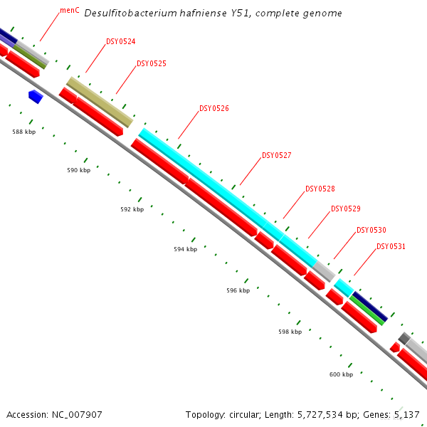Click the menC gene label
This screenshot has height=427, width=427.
[70, 11]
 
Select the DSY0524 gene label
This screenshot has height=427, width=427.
[120, 42]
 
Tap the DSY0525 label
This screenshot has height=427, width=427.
[151, 64]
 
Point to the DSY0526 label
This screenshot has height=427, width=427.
[213, 109]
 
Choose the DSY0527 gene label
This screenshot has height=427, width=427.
[277, 156]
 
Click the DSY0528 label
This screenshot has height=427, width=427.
[320, 189]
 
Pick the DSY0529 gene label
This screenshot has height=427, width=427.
[345, 209]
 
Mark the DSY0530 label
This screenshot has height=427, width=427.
[371, 231]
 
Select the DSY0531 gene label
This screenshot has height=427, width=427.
[391, 247]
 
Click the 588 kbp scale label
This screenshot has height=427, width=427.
[23, 132]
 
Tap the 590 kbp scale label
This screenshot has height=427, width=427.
[78, 171]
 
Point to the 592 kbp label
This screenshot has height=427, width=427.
[132, 210]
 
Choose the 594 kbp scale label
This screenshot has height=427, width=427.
[185, 250]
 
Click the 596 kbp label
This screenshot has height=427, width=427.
[238, 291]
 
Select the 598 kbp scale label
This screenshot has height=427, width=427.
[290, 332]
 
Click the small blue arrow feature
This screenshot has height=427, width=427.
[36, 96]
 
